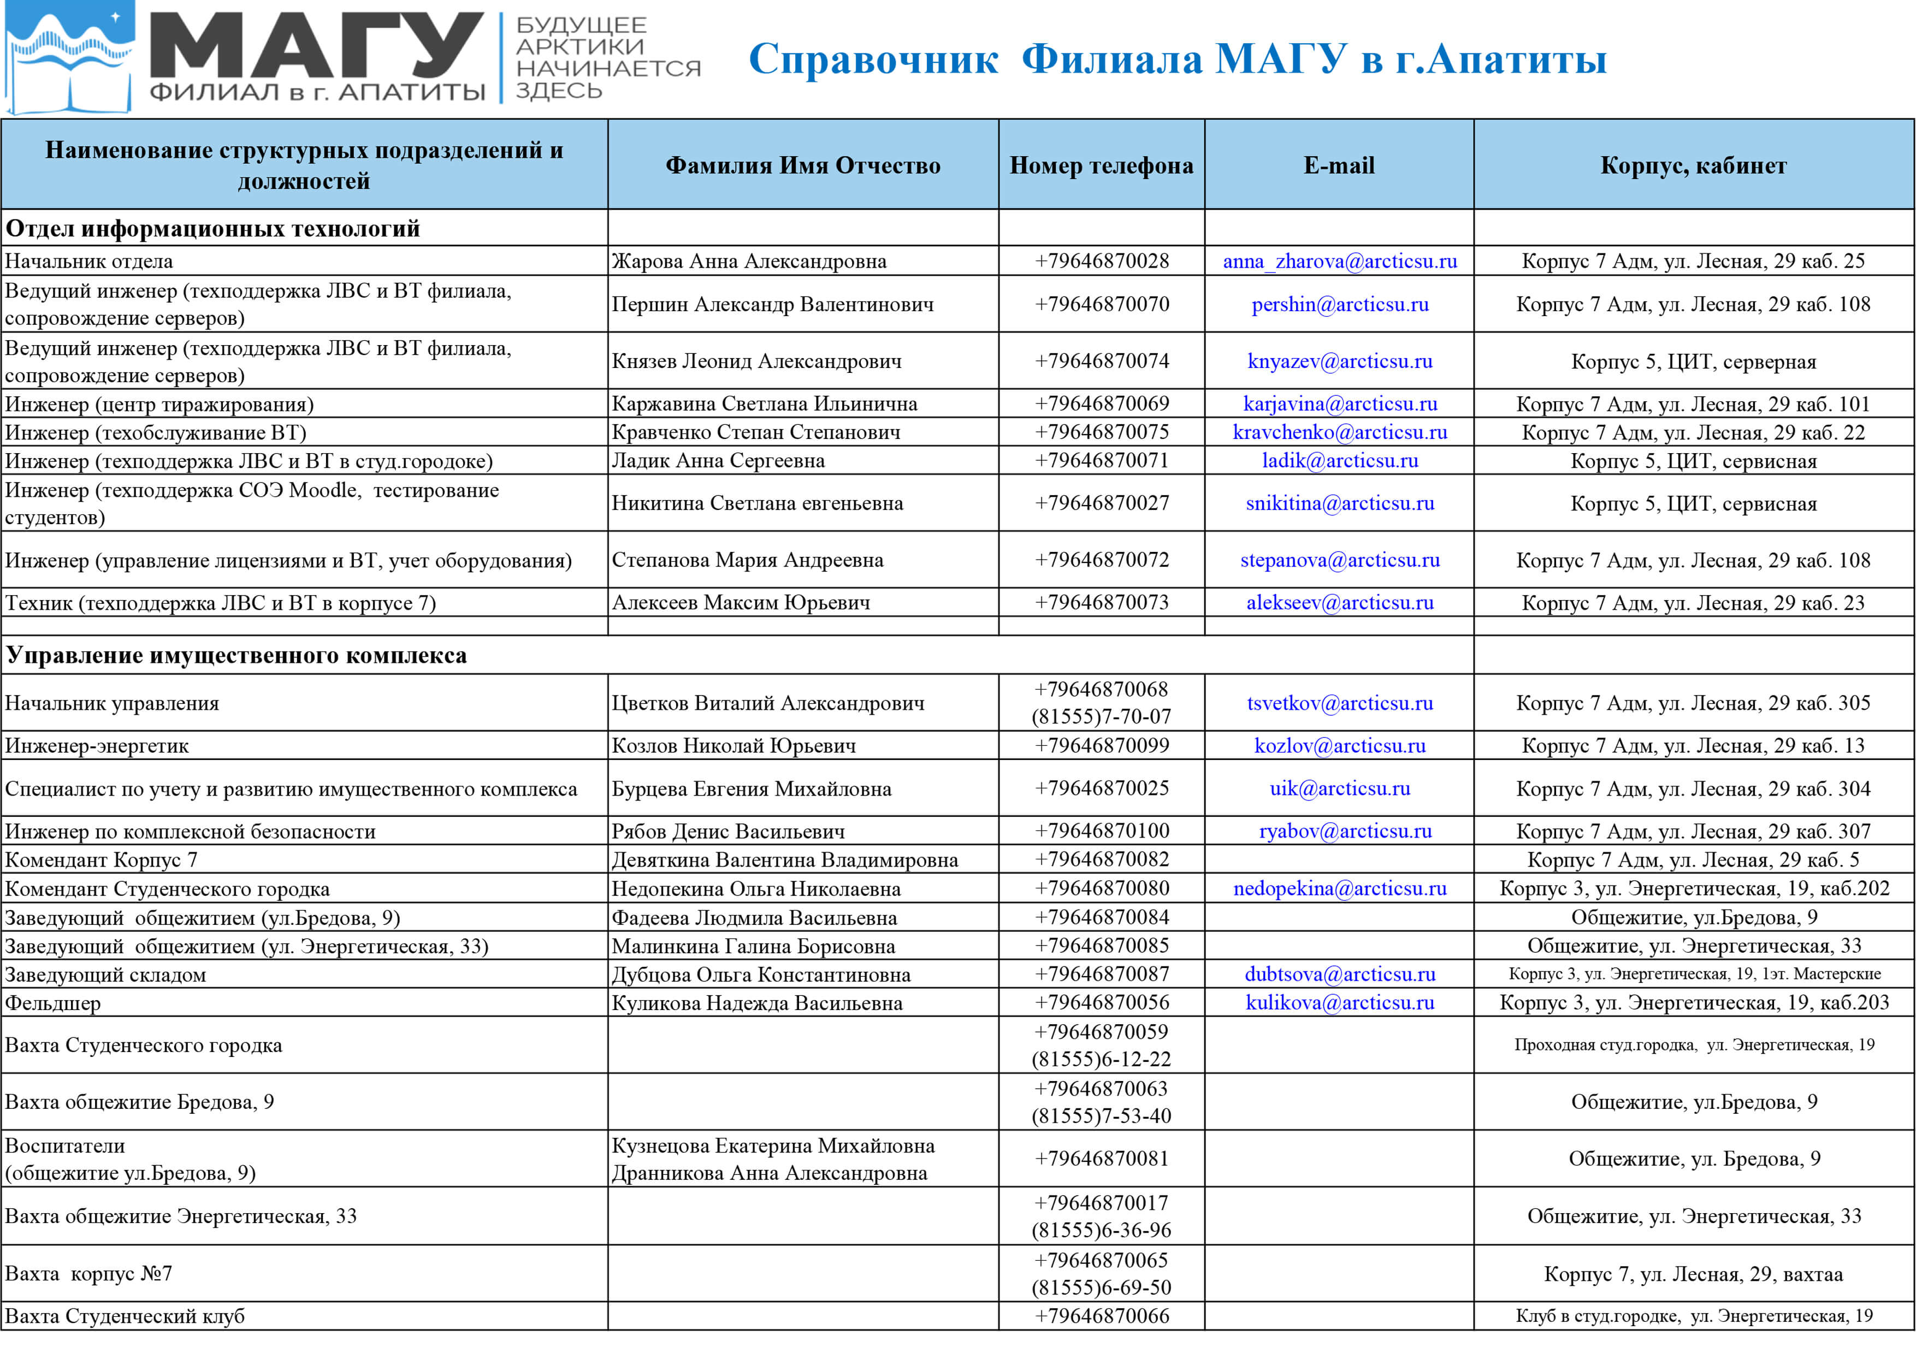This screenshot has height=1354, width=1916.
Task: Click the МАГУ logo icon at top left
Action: click(x=68, y=57)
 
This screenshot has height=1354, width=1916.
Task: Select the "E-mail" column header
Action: click(x=1339, y=165)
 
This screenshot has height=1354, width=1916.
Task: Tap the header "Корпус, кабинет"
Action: click(x=1693, y=165)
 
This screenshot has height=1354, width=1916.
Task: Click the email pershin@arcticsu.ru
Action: click(x=1339, y=305)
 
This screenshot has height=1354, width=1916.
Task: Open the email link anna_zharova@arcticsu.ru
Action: click(x=1339, y=261)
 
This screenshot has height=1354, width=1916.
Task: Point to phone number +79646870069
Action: click(x=1102, y=404)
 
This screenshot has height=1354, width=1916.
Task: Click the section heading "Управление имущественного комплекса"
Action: click(x=236, y=656)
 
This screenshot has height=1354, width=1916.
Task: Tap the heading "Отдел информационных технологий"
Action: click(x=213, y=229)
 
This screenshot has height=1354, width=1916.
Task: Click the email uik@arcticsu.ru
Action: click(x=1339, y=788)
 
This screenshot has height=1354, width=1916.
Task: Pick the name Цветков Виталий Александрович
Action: click(x=768, y=703)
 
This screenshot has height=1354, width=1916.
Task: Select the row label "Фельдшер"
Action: click(x=52, y=1003)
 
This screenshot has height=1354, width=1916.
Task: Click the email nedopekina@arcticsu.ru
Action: click(x=1339, y=888)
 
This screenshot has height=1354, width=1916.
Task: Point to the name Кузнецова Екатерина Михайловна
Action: click(x=773, y=1145)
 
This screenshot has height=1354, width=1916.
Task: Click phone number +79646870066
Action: click(x=1102, y=1316)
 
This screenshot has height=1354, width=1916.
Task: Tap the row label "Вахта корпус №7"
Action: click(x=88, y=1274)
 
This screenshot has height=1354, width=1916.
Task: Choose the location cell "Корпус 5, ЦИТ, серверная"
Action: click(x=1693, y=362)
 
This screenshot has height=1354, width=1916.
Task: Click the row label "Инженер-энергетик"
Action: click(x=97, y=746)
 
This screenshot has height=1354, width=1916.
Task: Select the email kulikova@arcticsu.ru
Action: click(x=1339, y=1003)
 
